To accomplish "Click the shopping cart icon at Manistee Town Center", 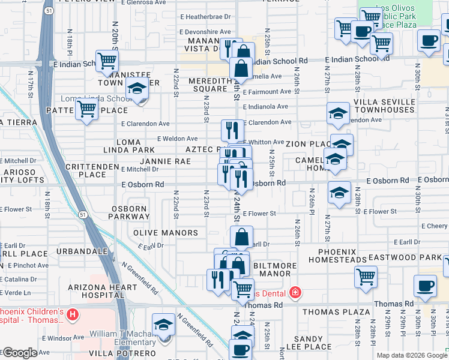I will tap(107, 60).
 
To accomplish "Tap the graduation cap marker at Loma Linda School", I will tap(137, 90).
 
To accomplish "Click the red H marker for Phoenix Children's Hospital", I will tap(73, 314).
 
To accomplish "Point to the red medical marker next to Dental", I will tap(295, 293).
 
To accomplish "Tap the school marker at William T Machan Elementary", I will tap(163, 325).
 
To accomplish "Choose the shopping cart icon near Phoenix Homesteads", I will tap(366, 277).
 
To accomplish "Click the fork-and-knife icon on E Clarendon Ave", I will tap(232, 130).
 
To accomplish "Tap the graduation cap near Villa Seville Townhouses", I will tap(339, 112).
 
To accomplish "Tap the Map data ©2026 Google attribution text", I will tap(411, 355).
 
